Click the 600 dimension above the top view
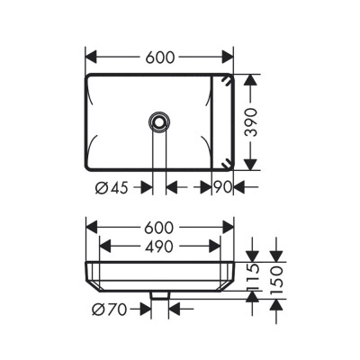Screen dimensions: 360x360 click(159, 56)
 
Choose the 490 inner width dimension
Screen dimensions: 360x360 click(159, 245)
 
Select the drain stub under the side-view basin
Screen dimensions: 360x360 click(160, 294)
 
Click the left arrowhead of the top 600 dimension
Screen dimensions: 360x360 click(91, 56)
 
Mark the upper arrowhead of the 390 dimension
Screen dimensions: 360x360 click(255, 79)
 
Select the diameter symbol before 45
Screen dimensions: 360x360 click(99, 188)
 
